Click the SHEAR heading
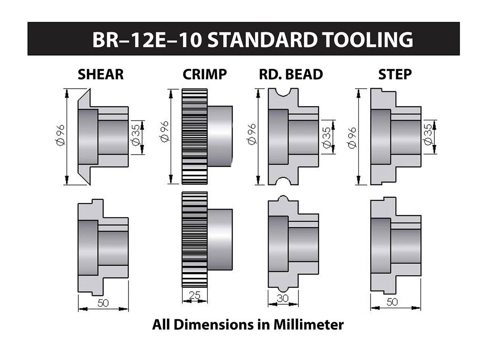[101, 74]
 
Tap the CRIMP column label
[204, 74]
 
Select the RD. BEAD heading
[291, 74]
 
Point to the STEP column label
[395, 74]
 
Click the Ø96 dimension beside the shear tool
[60, 135]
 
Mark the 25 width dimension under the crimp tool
[194, 295]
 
